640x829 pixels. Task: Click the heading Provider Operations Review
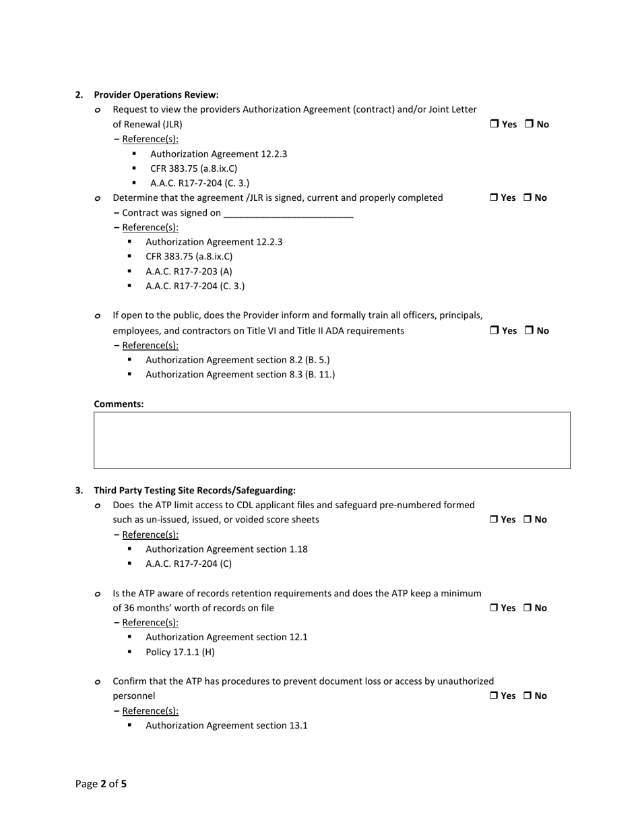tap(156, 95)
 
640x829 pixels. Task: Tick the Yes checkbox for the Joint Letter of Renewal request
tap(494, 124)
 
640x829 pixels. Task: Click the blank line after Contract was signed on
tap(288, 214)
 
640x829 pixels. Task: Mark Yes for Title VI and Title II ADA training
tap(494, 330)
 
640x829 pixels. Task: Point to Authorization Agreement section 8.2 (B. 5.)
tap(238, 360)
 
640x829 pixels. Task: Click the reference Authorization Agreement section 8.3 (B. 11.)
tap(240, 375)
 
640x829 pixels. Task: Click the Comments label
tap(119, 404)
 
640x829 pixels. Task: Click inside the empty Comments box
tap(331, 440)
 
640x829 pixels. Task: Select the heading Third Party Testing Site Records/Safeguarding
tap(195, 491)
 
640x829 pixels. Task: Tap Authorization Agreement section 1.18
tap(226, 549)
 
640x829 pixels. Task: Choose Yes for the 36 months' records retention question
tap(494, 608)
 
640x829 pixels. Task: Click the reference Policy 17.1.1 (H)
tap(181, 652)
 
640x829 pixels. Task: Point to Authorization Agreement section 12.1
tap(226, 637)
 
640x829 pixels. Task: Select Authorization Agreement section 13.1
tap(226, 726)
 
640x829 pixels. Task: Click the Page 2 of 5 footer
tap(101, 784)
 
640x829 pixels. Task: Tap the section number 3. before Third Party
tap(79, 491)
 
